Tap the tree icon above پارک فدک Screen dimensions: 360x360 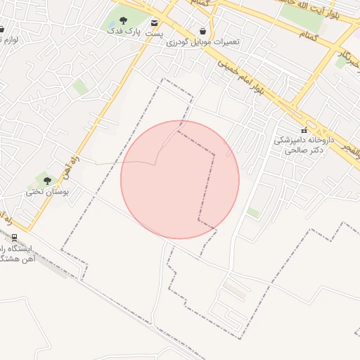click(x=124, y=20)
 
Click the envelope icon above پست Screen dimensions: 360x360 click(x=155, y=22)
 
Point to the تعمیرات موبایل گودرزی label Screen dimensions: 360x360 click(x=203, y=42)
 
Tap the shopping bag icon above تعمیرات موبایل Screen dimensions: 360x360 click(x=203, y=31)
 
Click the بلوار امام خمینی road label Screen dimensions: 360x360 click(x=239, y=77)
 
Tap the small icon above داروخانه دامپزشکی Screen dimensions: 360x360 click(x=304, y=130)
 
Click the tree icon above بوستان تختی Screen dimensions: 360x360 click(x=47, y=181)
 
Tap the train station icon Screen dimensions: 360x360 click(x=14, y=237)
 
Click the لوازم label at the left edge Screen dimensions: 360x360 click(x=8, y=41)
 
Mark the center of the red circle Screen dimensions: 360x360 click(x=180, y=180)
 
